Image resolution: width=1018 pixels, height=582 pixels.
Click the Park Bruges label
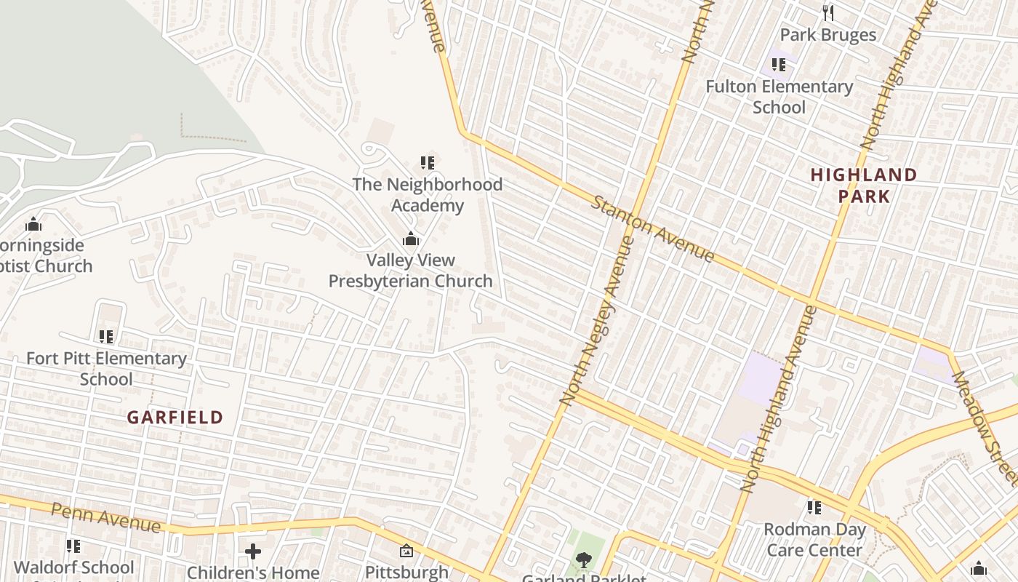827,35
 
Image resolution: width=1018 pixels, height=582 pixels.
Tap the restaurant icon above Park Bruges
827,12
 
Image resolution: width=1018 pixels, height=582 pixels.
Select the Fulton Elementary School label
779,97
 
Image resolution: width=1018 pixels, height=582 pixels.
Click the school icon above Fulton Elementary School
779,65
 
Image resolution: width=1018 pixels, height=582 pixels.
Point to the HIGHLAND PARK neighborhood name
864,186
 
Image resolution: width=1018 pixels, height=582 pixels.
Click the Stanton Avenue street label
652,228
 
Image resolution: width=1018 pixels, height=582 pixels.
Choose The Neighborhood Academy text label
427,195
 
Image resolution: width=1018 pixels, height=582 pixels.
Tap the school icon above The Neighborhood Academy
427,162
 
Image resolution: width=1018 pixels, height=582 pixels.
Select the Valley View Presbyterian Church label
410,271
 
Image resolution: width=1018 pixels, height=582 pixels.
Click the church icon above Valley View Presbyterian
411,239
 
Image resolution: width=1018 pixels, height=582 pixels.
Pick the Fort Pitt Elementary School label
106,369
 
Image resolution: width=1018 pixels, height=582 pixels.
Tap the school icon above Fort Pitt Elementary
106,336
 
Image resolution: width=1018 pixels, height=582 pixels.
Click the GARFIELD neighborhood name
175,418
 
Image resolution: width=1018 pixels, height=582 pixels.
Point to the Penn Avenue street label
105,517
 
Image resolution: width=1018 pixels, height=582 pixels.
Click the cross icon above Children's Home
253,551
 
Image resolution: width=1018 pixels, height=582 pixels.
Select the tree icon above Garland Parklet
583,559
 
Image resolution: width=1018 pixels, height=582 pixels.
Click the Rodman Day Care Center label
814,540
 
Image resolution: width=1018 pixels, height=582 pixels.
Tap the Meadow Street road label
985,429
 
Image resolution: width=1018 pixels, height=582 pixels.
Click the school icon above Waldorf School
73,546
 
